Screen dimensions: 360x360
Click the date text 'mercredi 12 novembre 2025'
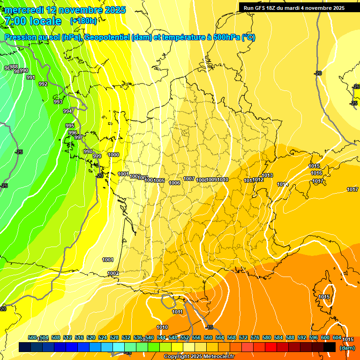tap(66, 10)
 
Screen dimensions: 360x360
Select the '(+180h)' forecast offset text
tap(83, 21)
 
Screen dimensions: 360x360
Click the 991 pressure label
tap(31, 77)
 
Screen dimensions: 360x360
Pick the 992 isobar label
tap(43, 84)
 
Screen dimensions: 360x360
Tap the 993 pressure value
tap(58, 102)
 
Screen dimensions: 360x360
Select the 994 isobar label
tap(67, 111)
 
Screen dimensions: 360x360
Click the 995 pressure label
tap(70, 126)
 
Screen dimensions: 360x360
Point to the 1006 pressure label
tap(174, 183)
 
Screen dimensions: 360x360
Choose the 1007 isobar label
tap(189, 179)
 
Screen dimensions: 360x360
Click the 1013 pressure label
tap(268, 176)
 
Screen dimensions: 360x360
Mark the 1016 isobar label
tap(316, 173)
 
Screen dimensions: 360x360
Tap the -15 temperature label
tap(209, 327)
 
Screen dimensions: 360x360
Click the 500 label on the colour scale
tap(32, 337)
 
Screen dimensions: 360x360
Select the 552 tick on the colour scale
tap(185, 337)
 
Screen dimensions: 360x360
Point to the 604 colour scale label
tap(337, 337)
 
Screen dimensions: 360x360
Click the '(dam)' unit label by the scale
tap(347, 348)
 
